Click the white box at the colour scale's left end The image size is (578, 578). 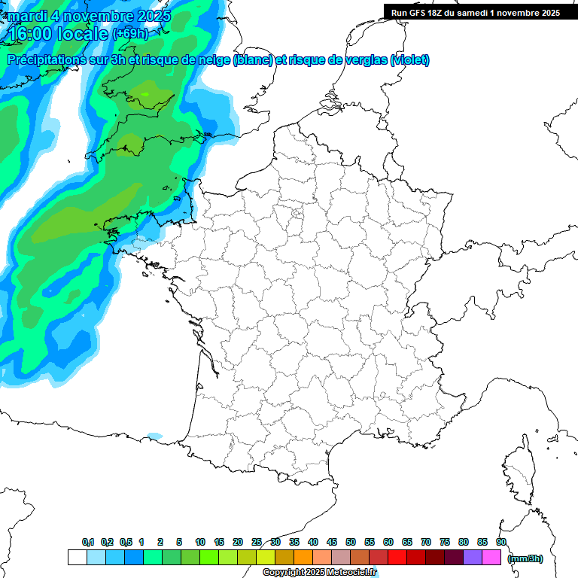(x=77, y=557)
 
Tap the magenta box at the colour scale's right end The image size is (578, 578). (x=491, y=557)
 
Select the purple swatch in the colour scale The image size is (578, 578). (x=473, y=557)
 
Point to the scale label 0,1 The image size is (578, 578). (x=88, y=543)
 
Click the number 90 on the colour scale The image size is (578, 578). (x=501, y=543)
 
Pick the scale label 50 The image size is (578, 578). (x=351, y=543)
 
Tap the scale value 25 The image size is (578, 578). (x=257, y=543)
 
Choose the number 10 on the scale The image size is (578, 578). (x=200, y=543)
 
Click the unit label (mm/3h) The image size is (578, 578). (x=525, y=558)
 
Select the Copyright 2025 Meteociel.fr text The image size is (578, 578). (x=320, y=573)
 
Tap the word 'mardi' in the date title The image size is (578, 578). (x=26, y=16)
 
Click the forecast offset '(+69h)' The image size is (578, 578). (x=130, y=34)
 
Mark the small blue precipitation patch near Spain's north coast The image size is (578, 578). (x=154, y=436)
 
